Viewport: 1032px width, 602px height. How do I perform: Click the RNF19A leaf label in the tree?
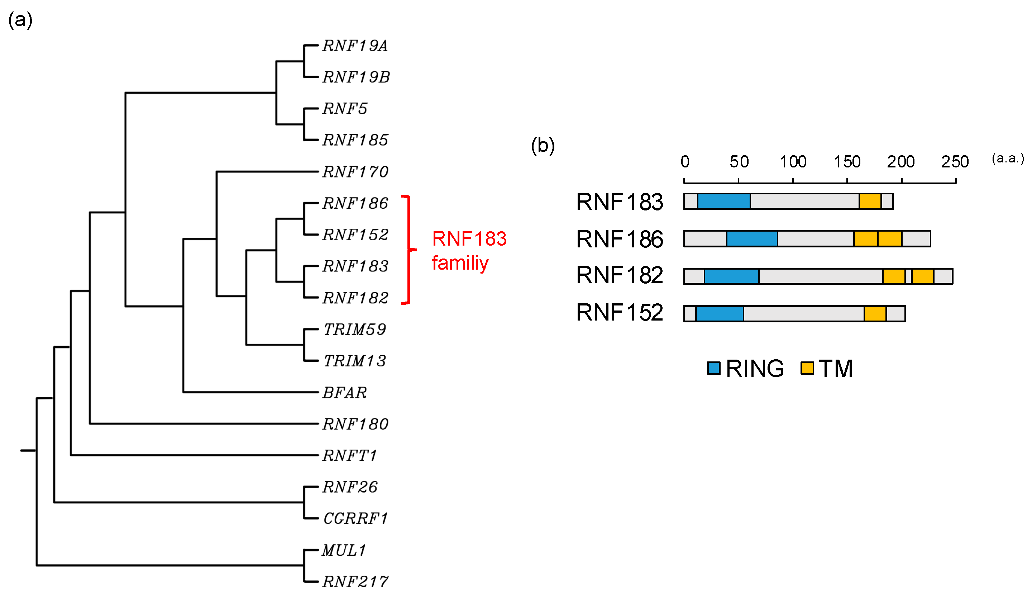[x=355, y=46]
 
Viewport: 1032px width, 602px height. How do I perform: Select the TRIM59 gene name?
[x=355, y=330]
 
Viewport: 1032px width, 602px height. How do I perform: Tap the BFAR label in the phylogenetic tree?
[x=344, y=393]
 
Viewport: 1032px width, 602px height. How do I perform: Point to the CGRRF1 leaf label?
[x=355, y=518]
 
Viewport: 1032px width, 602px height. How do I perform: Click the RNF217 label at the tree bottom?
[x=355, y=582]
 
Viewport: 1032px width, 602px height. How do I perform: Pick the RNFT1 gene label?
[x=349, y=455]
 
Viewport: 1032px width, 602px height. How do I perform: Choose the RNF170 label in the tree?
[x=355, y=172]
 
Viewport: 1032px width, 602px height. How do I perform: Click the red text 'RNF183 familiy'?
[x=469, y=250]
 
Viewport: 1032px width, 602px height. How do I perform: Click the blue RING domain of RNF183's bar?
[x=723, y=201]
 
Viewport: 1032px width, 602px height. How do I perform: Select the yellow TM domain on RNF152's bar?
[x=875, y=313]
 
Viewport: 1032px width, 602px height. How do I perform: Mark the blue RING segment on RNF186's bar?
[x=751, y=238]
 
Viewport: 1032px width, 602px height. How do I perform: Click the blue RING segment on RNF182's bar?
[x=731, y=276]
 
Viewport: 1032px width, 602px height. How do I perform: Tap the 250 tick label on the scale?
[x=955, y=162]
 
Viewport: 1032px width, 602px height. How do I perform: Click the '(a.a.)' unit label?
[x=1007, y=158]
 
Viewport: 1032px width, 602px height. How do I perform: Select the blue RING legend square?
[x=713, y=368]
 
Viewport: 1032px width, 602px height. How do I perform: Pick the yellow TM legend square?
[x=807, y=368]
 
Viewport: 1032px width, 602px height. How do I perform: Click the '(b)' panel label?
[x=542, y=146]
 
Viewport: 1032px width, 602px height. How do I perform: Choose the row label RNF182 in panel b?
[x=619, y=275]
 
